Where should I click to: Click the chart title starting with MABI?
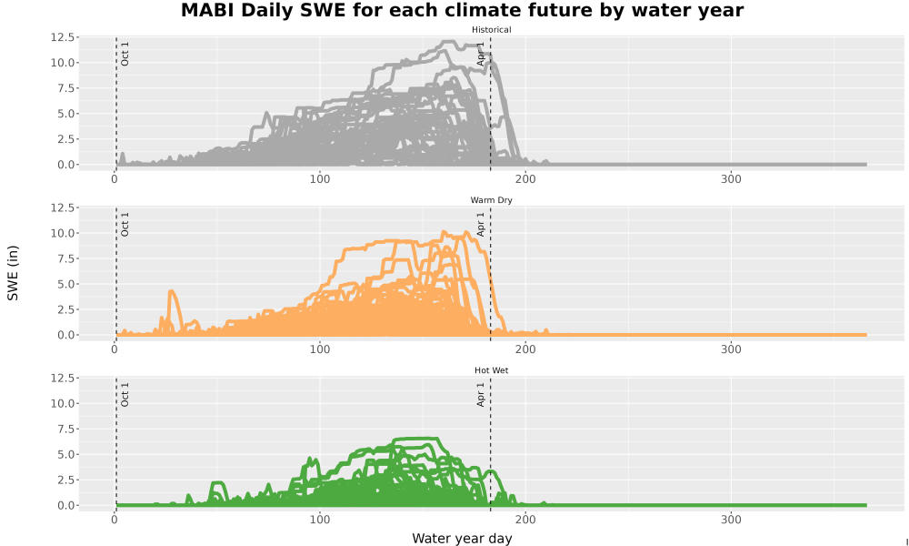click(462, 10)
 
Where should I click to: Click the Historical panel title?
click(491, 30)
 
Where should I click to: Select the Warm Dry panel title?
click(491, 200)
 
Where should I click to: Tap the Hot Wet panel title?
click(491, 370)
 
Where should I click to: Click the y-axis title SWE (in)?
click(13, 273)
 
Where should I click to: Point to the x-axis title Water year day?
click(462, 538)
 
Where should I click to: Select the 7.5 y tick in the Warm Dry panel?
click(65, 258)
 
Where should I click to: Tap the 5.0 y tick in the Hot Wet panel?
click(65, 454)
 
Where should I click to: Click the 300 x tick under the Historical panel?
click(731, 178)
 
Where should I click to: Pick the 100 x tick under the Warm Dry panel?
click(319, 349)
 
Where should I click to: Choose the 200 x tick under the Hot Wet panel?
click(525, 520)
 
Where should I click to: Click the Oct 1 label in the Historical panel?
click(125, 54)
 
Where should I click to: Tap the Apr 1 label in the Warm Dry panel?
click(480, 224)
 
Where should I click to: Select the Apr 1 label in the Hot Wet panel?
click(480, 395)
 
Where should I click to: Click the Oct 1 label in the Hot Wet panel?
click(125, 395)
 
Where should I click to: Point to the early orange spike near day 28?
click(172, 292)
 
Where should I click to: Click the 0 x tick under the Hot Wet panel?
click(115, 520)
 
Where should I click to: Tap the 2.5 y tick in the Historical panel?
click(65, 139)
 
